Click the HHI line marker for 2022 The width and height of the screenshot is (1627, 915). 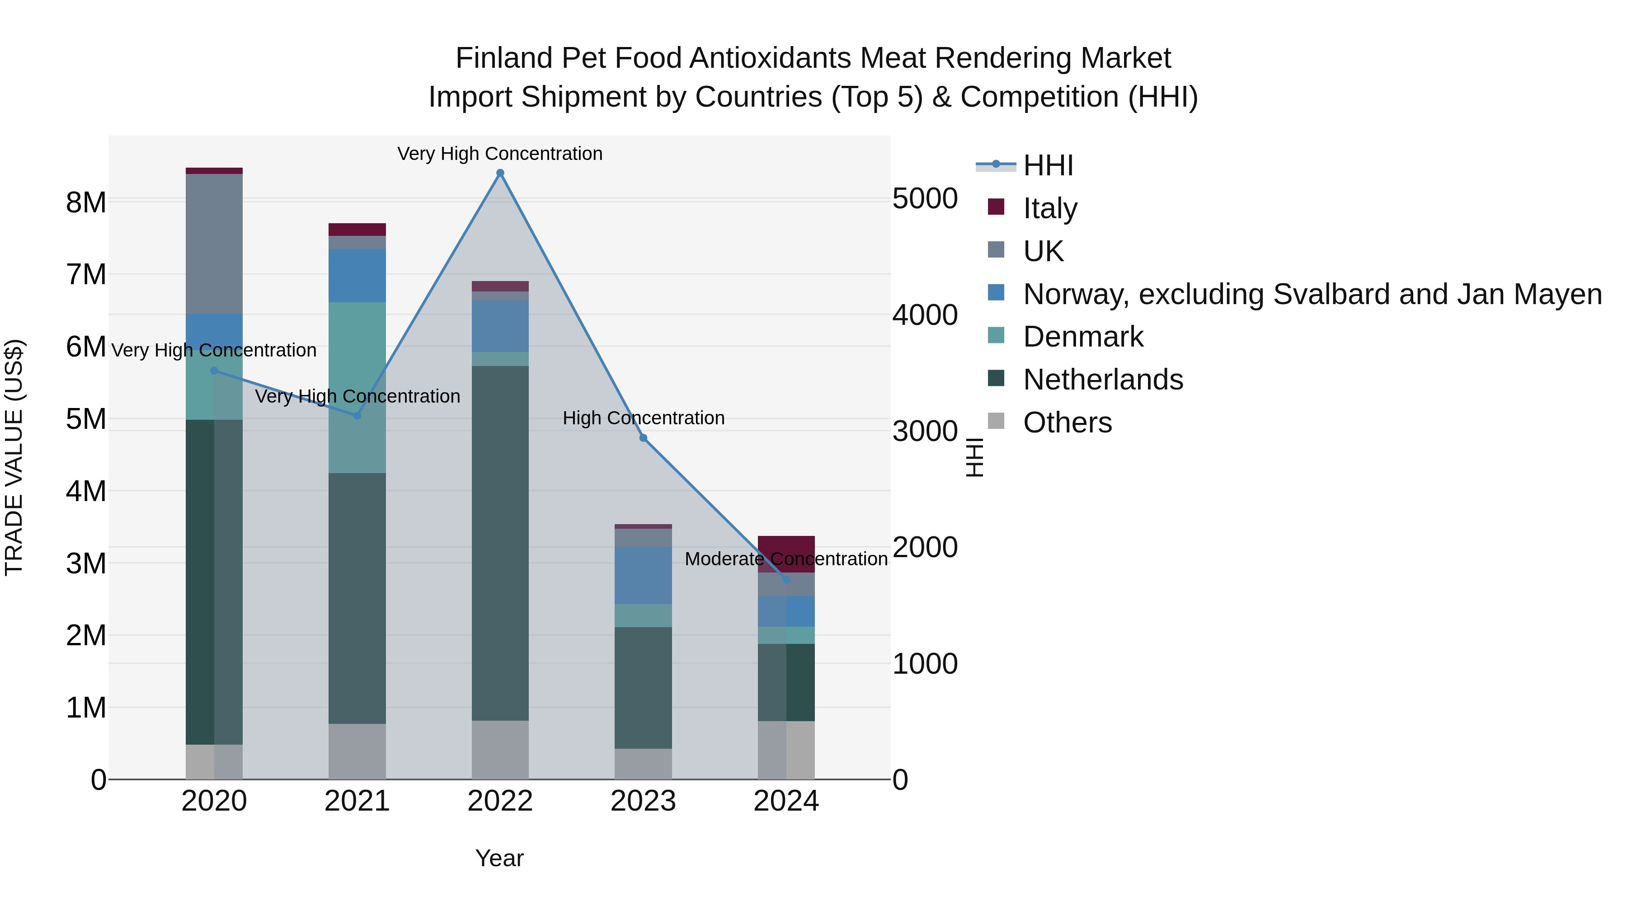click(x=500, y=173)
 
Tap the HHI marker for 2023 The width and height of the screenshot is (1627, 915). click(x=643, y=437)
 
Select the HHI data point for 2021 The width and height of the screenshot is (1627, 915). click(x=357, y=416)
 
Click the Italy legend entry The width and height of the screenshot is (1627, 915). click(x=1050, y=208)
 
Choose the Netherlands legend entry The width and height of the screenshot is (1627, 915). click(x=1103, y=380)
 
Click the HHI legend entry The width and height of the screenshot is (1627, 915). click(x=1047, y=165)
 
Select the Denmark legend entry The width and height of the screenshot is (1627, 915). click(x=1082, y=337)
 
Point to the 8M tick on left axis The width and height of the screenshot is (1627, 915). click(x=86, y=203)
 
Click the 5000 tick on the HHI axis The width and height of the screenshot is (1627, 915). click(x=925, y=199)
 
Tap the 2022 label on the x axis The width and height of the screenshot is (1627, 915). click(x=500, y=801)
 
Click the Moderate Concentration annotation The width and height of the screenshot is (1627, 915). click(x=786, y=559)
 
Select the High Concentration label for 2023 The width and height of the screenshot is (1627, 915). click(x=643, y=418)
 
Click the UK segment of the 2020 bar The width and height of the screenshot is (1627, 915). click(x=214, y=244)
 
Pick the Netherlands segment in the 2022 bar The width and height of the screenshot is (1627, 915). click(x=500, y=543)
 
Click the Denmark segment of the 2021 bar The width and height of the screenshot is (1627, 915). click(x=357, y=387)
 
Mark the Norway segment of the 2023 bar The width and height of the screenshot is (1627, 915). click(x=643, y=575)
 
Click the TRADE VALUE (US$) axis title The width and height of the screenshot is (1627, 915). click(x=14, y=457)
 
